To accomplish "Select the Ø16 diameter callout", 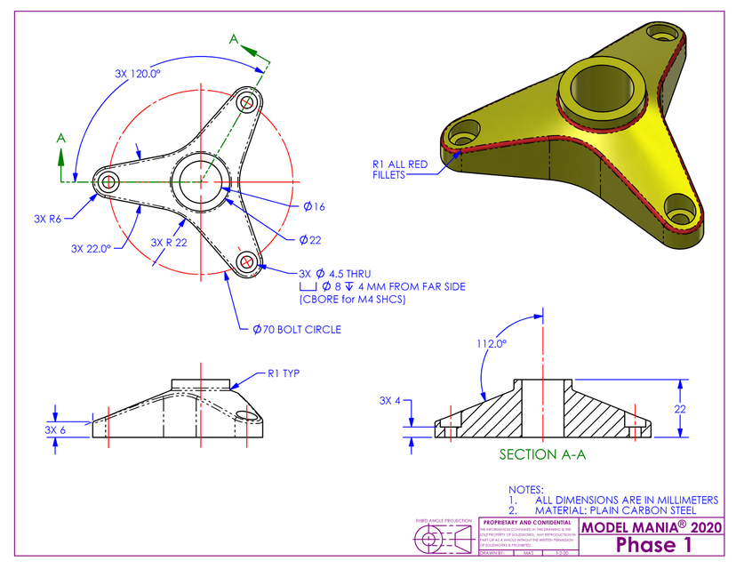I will point(314,206).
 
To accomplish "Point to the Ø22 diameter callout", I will point(310,240).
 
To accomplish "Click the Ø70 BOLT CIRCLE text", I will point(296,330).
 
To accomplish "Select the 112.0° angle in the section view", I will point(492,342).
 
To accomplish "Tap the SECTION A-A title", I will point(544,454).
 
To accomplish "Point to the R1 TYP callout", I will point(284,374).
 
